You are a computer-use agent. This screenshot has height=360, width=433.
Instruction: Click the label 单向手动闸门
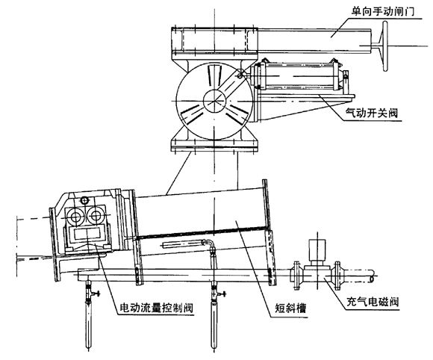pyautogui.click(x=382, y=11)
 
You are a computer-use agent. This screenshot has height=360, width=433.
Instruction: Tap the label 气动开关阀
pyautogui.click(x=372, y=113)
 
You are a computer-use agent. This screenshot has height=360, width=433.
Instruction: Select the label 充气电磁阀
pyautogui.click(x=373, y=302)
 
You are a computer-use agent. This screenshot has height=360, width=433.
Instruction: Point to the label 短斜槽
pyautogui.click(x=291, y=308)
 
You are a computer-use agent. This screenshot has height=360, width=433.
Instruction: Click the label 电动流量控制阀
pyautogui.click(x=156, y=308)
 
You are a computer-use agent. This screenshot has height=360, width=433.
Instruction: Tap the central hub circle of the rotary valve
pyautogui.click(x=215, y=101)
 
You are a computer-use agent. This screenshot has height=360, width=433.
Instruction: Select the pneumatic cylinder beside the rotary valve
pyautogui.click(x=300, y=75)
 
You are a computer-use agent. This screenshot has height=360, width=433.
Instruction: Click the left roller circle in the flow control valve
pyautogui.click(x=75, y=217)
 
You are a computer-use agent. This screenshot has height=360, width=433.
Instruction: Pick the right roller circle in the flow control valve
pyautogui.click(x=96, y=216)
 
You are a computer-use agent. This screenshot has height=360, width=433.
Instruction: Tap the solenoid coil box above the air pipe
pyautogui.click(x=317, y=250)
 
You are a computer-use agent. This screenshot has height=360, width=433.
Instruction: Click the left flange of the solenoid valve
pyautogui.click(x=296, y=275)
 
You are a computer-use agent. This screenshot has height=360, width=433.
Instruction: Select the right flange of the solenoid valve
pyautogui.click(x=337, y=275)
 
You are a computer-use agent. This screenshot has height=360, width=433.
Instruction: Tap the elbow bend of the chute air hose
pyautogui.click(x=211, y=244)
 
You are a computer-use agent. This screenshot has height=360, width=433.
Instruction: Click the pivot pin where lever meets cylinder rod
pyautogui.click(x=240, y=74)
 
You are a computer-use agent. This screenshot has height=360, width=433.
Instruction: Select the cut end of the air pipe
pyautogui.click(x=372, y=276)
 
